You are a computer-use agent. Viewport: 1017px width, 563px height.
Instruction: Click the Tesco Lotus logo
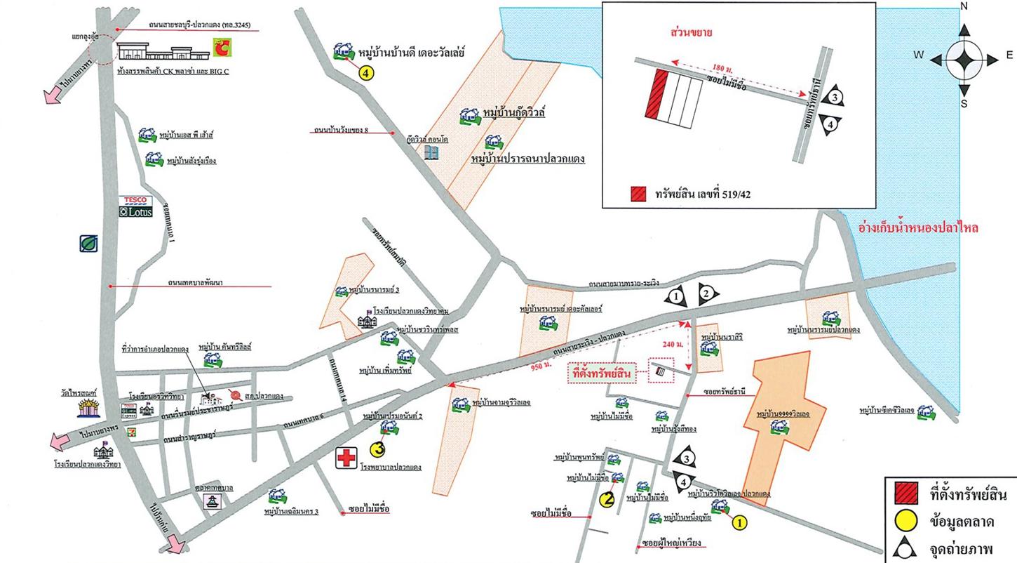tap(135, 206)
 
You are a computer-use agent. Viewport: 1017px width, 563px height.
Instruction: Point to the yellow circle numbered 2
tap(608, 499)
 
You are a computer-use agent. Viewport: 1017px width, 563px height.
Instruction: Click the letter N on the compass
tap(964, 6)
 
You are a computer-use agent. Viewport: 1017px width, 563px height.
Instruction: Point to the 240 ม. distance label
tap(672, 345)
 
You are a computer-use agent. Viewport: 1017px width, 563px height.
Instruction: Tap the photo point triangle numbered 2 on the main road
tap(706, 293)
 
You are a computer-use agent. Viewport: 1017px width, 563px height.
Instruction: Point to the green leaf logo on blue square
tap(88, 243)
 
